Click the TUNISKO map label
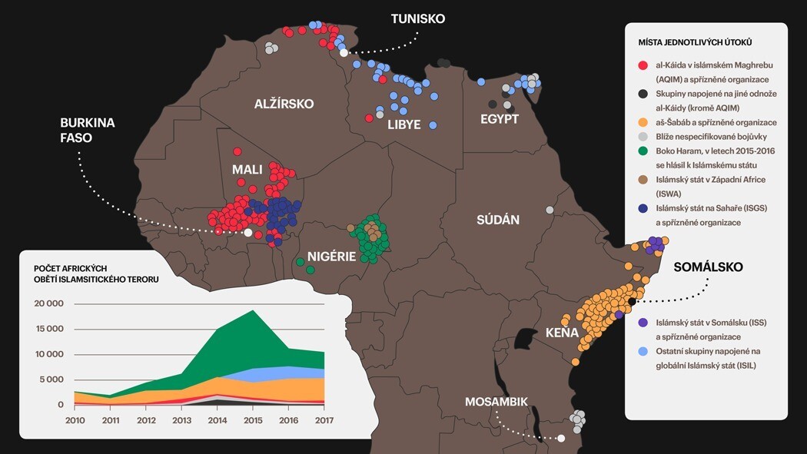click(x=417, y=19)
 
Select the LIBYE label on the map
click(x=403, y=124)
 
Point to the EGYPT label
click(x=500, y=119)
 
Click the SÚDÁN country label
click(x=497, y=220)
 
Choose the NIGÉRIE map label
click(x=331, y=257)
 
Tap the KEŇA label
click(x=562, y=333)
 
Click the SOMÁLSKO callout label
click(x=708, y=267)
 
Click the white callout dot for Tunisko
click(x=344, y=53)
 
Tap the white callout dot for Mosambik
click(x=561, y=438)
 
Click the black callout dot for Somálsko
click(x=632, y=301)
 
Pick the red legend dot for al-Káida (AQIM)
click(x=643, y=65)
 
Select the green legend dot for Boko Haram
click(x=643, y=151)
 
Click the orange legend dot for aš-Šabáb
click(x=643, y=122)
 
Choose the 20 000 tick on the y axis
click(x=49, y=303)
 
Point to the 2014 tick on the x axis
click(x=218, y=420)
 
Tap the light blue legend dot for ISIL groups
click(x=643, y=351)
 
